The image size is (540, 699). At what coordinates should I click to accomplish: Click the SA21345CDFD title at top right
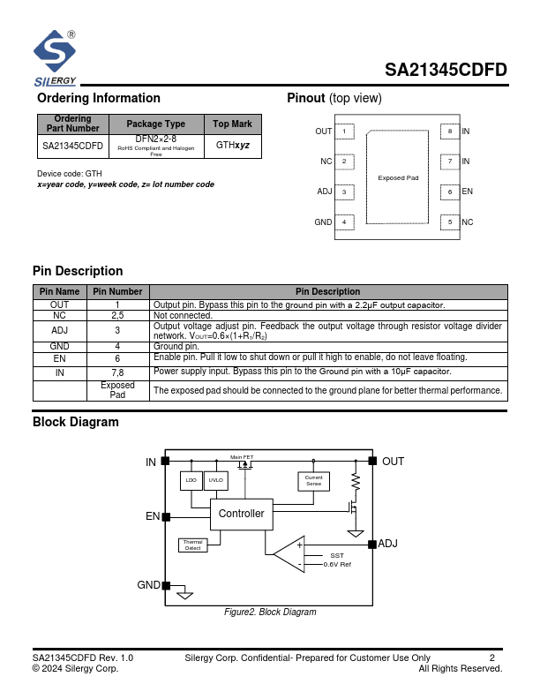(446, 71)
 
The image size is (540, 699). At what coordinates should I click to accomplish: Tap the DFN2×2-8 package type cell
(155, 146)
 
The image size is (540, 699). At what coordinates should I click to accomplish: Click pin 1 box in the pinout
(345, 132)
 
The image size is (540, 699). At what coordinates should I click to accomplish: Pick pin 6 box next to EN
(450, 192)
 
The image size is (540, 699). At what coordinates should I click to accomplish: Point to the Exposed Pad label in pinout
(397, 178)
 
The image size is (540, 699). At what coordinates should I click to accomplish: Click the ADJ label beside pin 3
(324, 192)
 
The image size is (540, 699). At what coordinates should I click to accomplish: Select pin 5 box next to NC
(450, 222)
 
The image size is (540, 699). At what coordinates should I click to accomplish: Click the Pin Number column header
(117, 291)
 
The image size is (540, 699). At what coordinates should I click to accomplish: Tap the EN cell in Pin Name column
(60, 357)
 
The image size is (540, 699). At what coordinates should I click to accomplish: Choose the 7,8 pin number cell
(117, 372)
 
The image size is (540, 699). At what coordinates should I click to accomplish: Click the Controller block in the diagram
(241, 514)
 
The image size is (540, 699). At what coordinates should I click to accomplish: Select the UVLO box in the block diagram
(215, 480)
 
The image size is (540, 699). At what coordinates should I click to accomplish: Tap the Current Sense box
(313, 481)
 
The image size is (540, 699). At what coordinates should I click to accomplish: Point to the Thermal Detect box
(192, 545)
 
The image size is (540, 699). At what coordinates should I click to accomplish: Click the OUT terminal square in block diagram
(373, 461)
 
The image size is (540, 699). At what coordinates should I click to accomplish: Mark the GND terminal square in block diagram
(166, 585)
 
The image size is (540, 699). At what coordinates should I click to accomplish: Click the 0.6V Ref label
(337, 564)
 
